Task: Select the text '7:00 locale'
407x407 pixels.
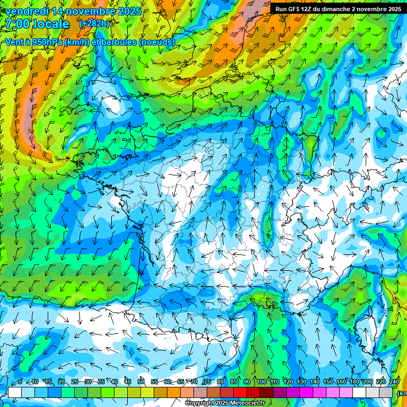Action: pyautogui.click(x=37, y=24)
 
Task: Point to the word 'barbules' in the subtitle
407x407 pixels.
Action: pyautogui.click(x=118, y=42)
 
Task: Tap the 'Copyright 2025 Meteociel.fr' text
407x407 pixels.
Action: pyautogui.click(x=225, y=403)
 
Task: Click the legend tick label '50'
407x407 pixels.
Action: pyautogui.click(x=141, y=382)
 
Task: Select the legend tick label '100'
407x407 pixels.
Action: pyautogui.click(x=261, y=382)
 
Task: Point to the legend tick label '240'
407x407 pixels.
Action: pyautogui.click(x=394, y=382)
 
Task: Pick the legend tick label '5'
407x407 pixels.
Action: pyautogui.click(x=20, y=382)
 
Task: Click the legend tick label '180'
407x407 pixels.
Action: pyautogui.click(x=355, y=382)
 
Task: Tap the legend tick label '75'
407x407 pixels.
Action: pyautogui.click(x=208, y=382)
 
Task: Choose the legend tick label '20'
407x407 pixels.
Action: pyautogui.click(x=61, y=382)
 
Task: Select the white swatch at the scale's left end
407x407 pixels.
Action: pyautogui.click(x=15, y=392)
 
